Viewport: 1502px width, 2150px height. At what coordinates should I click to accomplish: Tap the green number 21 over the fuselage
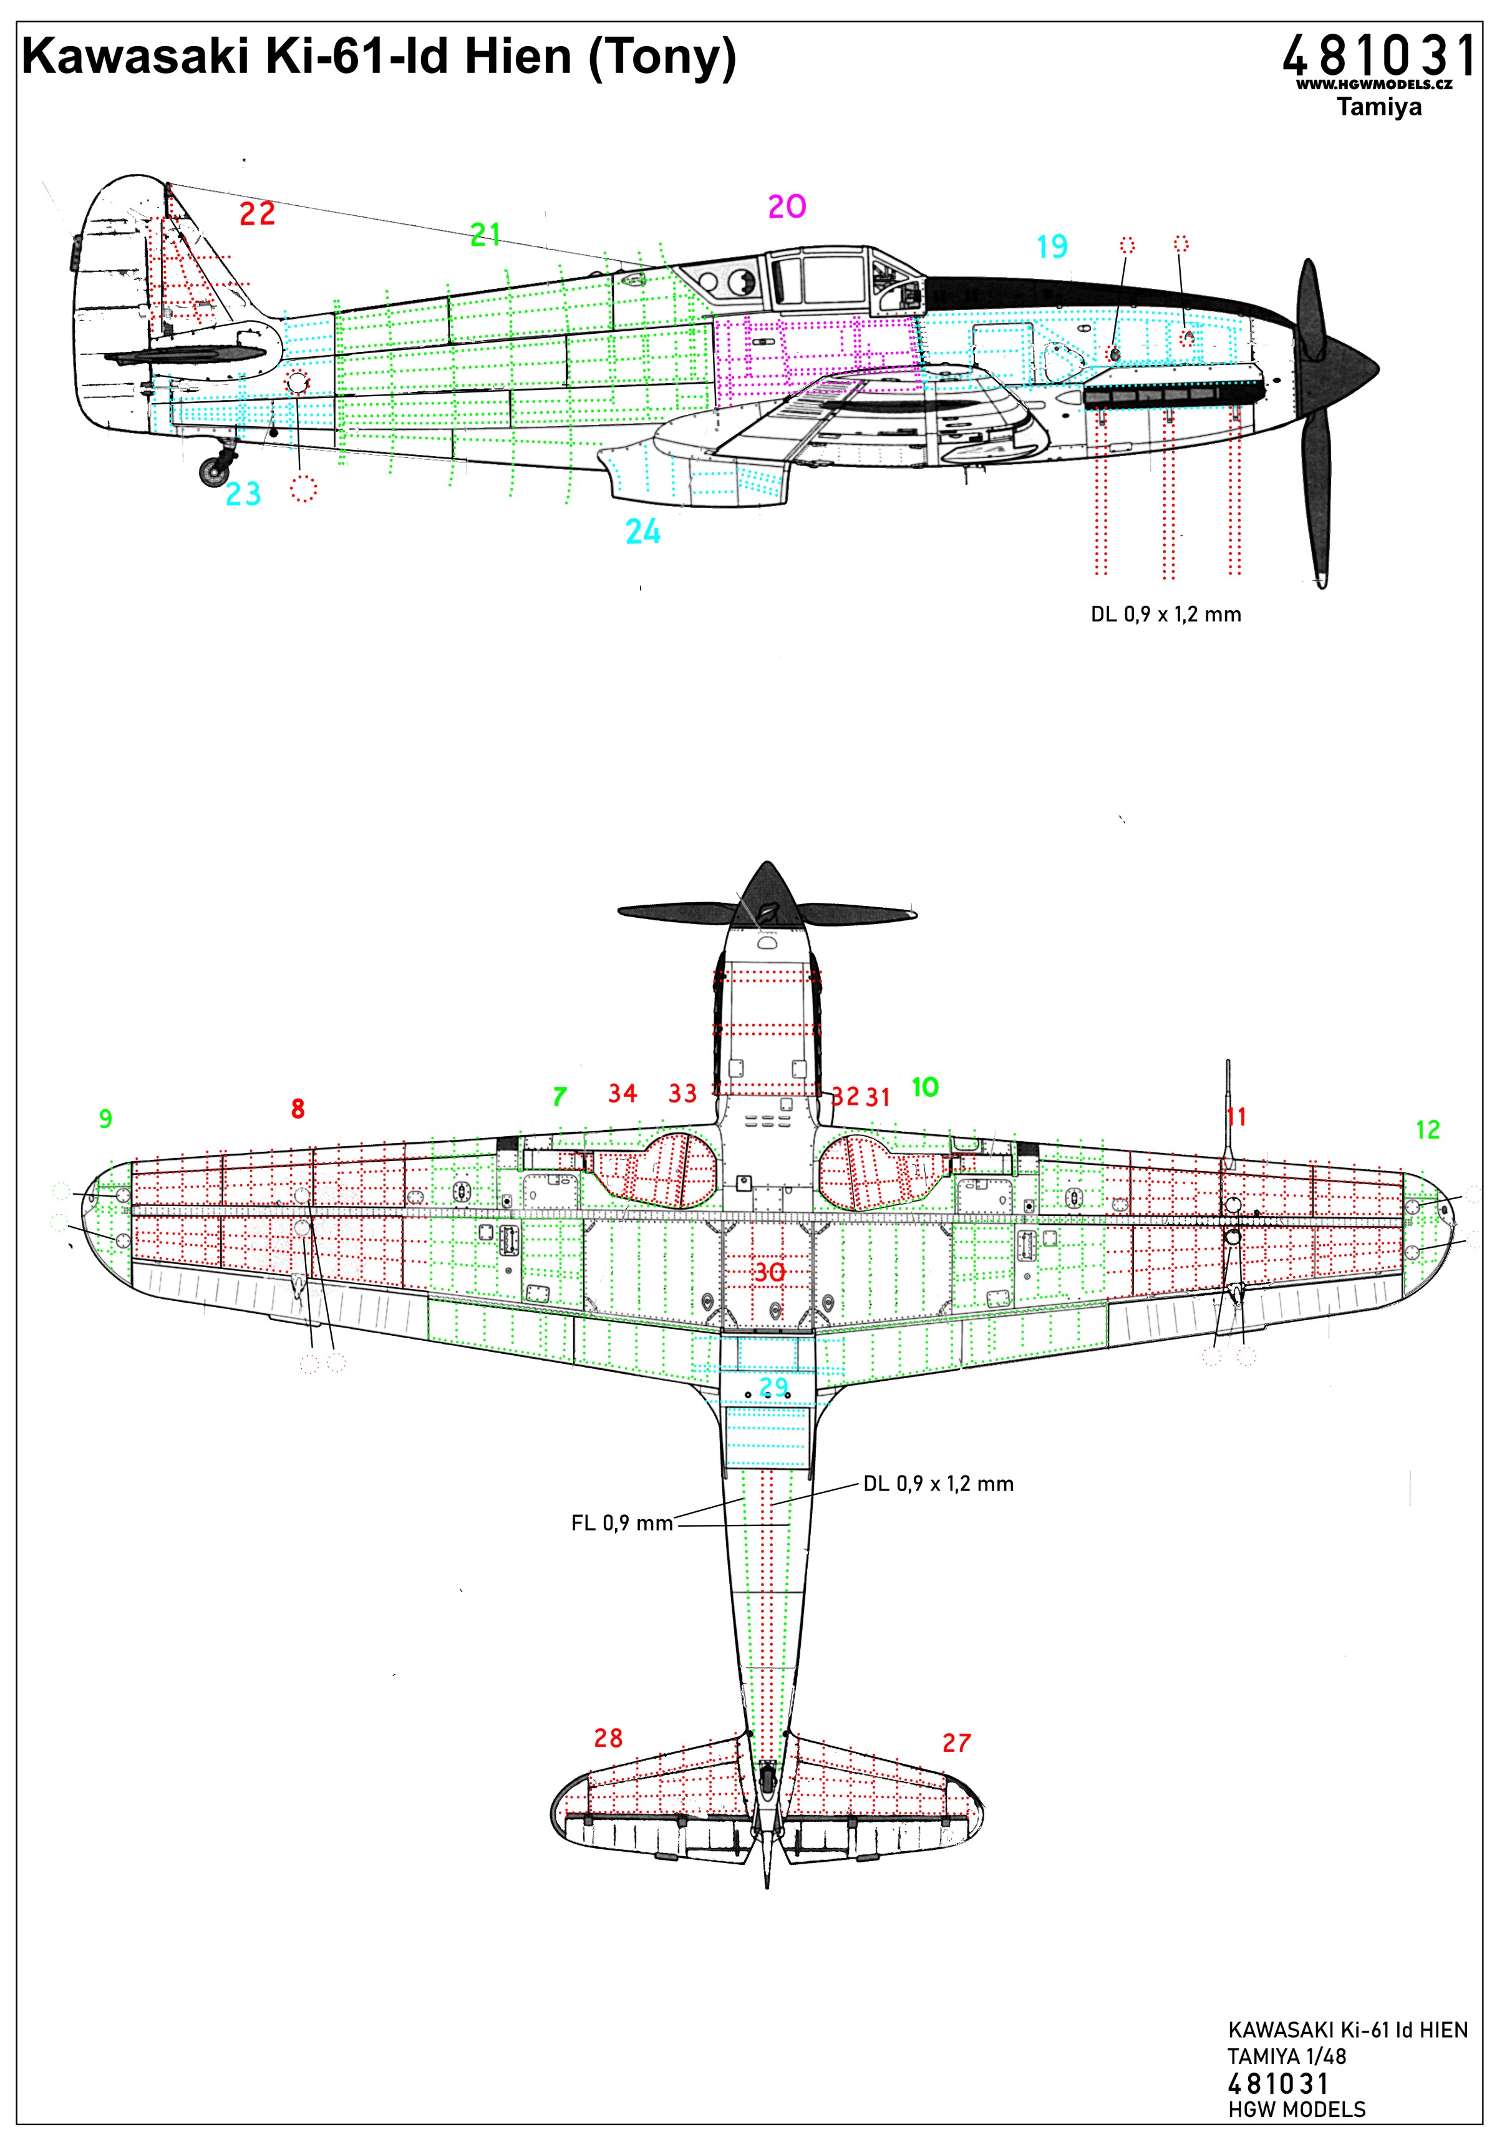[x=485, y=235]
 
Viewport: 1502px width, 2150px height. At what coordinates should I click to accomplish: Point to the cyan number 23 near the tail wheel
[x=243, y=494]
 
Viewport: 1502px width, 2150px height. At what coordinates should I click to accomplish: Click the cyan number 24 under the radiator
[x=643, y=532]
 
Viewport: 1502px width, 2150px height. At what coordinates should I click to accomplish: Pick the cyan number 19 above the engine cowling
[x=1052, y=246]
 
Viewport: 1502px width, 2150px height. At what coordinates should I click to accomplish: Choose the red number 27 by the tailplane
[x=956, y=1743]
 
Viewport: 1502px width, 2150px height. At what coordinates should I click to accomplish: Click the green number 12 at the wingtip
[x=1427, y=1131]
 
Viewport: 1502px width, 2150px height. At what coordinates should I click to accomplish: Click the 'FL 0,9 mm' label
[x=622, y=1524]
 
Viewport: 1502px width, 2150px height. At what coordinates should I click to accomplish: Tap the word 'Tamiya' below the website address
[x=1378, y=107]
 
